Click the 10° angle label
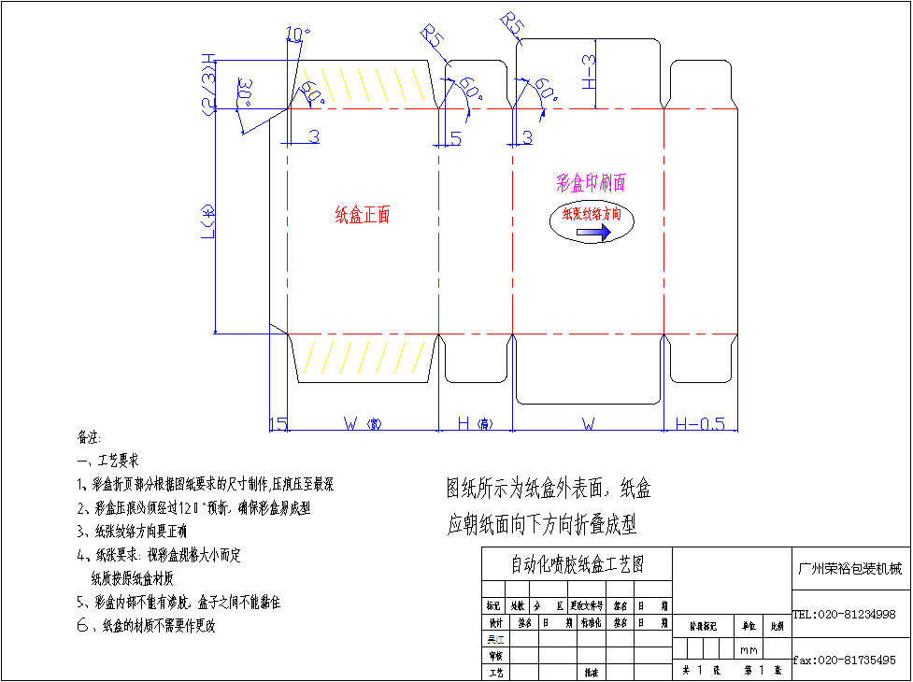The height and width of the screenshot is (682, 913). (x=298, y=35)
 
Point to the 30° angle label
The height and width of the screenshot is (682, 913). (x=245, y=93)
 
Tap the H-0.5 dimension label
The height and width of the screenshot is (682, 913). (x=700, y=424)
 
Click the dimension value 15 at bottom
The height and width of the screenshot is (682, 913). (x=278, y=424)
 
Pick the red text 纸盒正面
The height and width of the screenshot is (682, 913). (x=363, y=215)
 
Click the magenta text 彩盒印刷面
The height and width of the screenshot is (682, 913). (x=592, y=182)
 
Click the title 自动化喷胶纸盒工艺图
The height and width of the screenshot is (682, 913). (x=577, y=564)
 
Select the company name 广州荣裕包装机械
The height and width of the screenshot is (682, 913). (x=849, y=569)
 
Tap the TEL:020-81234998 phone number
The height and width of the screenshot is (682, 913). (x=844, y=615)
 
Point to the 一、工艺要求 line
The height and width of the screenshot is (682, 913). (x=108, y=461)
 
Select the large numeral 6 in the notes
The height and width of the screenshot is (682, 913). (x=82, y=625)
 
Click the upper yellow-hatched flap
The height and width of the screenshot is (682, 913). (x=364, y=85)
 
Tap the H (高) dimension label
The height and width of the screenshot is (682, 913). (x=475, y=424)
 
